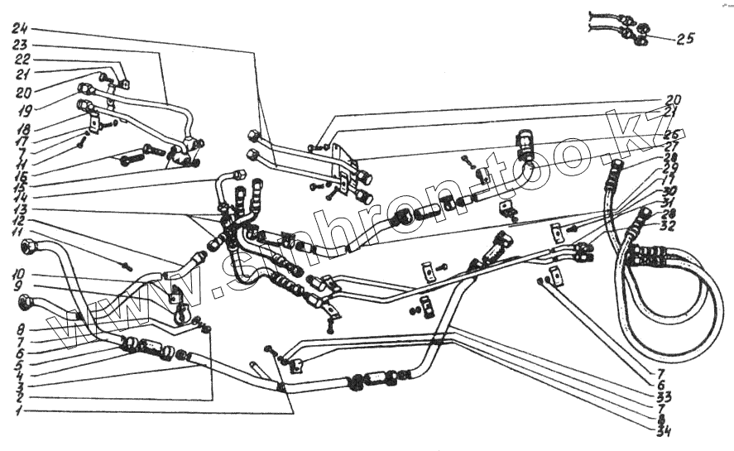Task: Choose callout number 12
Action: [17, 223]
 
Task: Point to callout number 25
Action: [684, 38]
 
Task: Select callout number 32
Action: [667, 225]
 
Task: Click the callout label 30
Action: [668, 192]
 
